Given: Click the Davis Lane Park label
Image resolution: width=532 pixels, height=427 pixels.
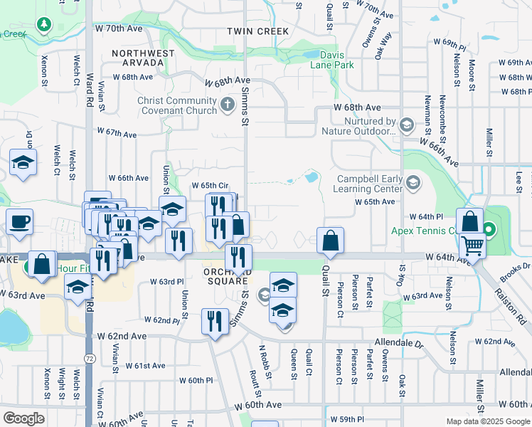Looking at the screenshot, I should point(332,59).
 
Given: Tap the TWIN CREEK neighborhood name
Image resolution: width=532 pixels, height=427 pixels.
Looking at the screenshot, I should point(258,31).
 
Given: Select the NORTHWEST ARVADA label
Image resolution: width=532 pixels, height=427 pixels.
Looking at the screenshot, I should point(143,58).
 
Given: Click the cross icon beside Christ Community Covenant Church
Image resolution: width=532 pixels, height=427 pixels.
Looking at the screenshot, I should point(228,105).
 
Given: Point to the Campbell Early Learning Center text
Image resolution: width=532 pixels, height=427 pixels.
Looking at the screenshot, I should point(368,184).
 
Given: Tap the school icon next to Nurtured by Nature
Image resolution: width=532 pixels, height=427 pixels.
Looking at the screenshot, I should point(407,126).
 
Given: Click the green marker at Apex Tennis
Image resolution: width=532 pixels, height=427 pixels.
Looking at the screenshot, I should point(489,230).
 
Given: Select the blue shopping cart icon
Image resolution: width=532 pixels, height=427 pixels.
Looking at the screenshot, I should point(472,246).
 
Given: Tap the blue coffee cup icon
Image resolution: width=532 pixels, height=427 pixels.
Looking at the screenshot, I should point(20,221).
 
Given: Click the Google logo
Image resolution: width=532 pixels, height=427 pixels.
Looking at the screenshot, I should point(24,418).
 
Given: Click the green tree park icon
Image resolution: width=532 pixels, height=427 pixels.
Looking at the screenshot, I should point(44,25).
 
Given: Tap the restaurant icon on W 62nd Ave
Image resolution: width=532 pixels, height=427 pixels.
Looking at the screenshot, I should point(214,322).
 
